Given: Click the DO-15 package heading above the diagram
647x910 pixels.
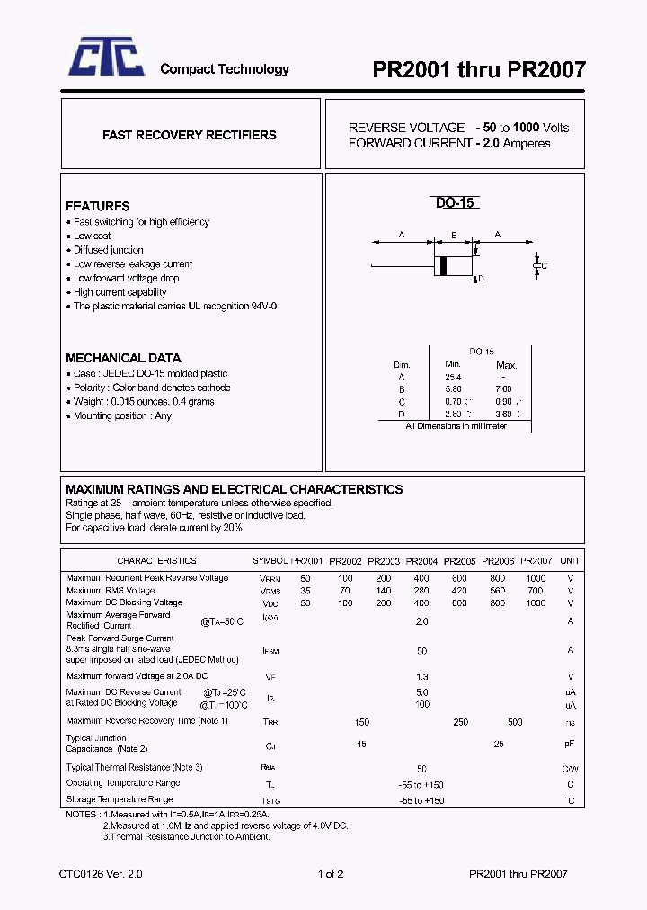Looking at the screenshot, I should [x=455, y=203].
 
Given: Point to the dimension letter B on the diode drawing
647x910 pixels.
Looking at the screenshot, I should [x=454, y=236].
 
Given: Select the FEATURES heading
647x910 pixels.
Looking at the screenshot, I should [x=97, y=206].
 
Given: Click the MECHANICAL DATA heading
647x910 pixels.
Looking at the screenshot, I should [x=123, y=357].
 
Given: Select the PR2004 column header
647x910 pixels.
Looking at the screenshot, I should [x=421, y=561].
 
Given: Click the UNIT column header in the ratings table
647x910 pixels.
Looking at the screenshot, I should [x=570, y=561].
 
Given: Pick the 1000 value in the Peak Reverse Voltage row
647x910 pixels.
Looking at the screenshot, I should [x=536, y=578].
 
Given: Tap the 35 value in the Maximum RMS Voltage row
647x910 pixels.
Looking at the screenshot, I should [x=306, y=591].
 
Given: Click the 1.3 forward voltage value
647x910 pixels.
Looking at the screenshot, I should [x=421, y=676].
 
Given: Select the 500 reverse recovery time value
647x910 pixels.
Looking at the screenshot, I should [x=515, y=722].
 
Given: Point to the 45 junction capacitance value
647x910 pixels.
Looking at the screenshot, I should [x=361, y=744].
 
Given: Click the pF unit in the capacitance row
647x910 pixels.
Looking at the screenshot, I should [x=570, y=745].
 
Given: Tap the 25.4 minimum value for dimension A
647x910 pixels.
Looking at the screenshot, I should [x=452, y=377].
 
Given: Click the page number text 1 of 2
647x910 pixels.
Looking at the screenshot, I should [x=331, y=873].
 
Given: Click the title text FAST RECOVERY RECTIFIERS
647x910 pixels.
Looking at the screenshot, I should [x=190, y=135].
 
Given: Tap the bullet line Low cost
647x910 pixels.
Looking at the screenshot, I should [x=93, y=236].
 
